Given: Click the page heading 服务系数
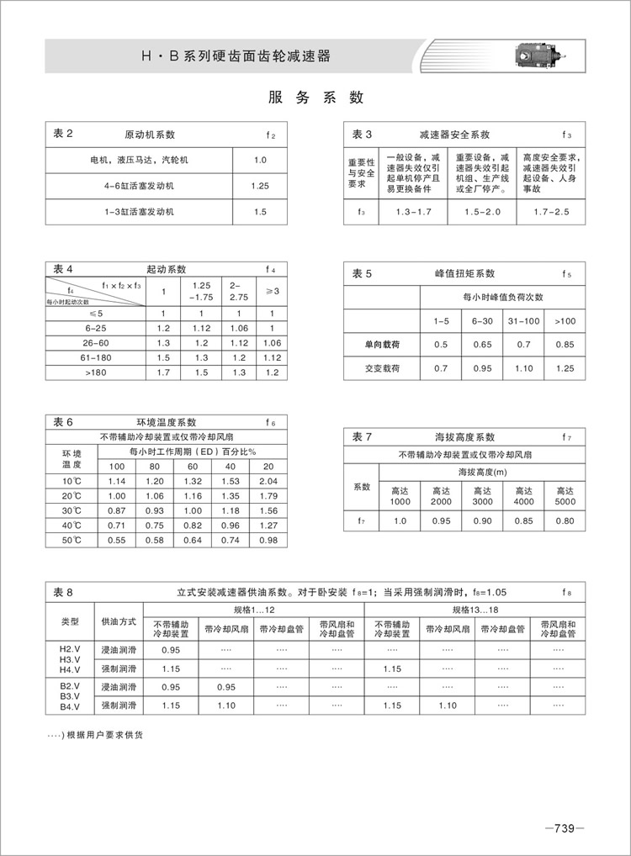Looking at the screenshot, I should pyautogui.click(x=315, y=98).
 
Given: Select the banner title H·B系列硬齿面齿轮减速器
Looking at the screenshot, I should pyautogui.click(x=236, y=57).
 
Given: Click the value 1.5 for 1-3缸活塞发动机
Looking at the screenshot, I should pyautogui.click(x=259, y=212).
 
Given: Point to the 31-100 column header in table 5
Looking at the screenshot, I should pyautogui.click(x=522, y=320).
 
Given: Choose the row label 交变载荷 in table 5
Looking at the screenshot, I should pyautogui.click(x=382, y=368).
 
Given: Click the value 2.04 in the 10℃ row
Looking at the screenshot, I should pyautogui.click(x=269, y=481).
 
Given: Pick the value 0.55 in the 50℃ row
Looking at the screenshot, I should pyautogui.click(x=116, y=540).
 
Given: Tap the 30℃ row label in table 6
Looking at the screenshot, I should pyautogui.click(x=71, y=510).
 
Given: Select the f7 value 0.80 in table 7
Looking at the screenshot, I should pyautogui.click(x=564, y=521).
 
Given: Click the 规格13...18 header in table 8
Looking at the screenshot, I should pyautogui.click(x=475, y=609).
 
